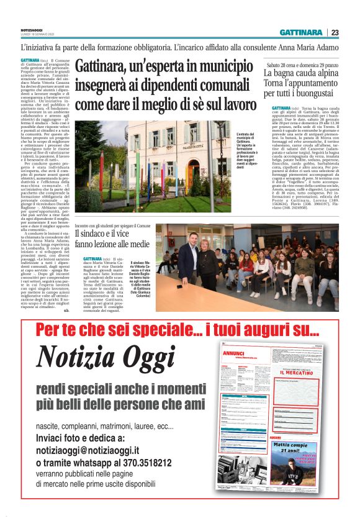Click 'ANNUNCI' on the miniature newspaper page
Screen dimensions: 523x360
click(x=234, y=353)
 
